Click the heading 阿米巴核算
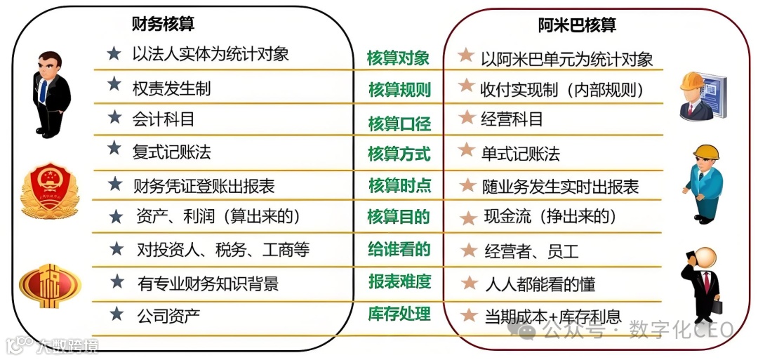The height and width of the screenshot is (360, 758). [577, 25]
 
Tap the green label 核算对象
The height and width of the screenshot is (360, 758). [398, 58]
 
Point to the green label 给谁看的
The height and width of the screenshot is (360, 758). [399, 249]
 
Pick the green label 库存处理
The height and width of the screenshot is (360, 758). [399, 314]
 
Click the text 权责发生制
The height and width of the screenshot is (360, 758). [171, 88]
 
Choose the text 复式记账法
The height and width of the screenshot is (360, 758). [171, 151]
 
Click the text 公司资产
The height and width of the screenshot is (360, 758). [168, 315]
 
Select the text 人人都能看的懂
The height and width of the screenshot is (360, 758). [540, 284]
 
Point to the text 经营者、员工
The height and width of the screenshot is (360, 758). [531, 251]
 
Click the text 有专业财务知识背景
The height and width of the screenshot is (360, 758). [208, 283]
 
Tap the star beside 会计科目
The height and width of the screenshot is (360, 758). [114, 116]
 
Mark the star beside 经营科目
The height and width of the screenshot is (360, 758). [465, 117]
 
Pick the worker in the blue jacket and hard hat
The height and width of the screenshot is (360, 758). [703, 182]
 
